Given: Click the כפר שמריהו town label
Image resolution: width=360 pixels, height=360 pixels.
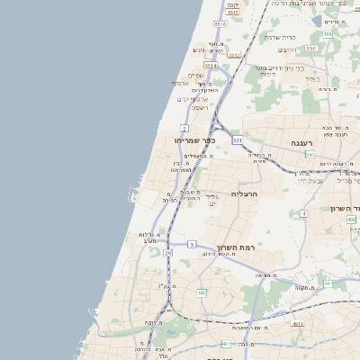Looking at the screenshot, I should coord(197,139).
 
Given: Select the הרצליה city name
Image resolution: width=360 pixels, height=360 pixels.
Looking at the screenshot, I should coord(245,193).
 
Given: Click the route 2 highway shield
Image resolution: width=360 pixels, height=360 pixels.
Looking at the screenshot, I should coord(184,129).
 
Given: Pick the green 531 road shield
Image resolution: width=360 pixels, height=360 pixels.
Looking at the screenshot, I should coord(237,140).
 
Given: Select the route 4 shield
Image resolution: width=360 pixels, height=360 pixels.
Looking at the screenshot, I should coord(304,213).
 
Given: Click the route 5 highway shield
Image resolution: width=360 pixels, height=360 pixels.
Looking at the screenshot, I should coord(192,244).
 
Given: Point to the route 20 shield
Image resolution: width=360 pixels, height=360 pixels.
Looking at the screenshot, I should coord(168,253).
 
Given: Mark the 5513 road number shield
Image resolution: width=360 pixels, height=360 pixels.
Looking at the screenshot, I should coord(234,55).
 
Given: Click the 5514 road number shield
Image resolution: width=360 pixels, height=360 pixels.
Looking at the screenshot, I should coord(211,66).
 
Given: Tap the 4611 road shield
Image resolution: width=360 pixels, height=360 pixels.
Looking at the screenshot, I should coord(298,323).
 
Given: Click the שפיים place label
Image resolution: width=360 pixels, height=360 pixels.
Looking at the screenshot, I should coord(195,75).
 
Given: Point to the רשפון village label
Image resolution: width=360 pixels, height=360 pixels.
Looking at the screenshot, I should coord(201,107).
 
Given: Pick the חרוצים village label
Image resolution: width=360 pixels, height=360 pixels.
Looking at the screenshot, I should coord(287,49).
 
